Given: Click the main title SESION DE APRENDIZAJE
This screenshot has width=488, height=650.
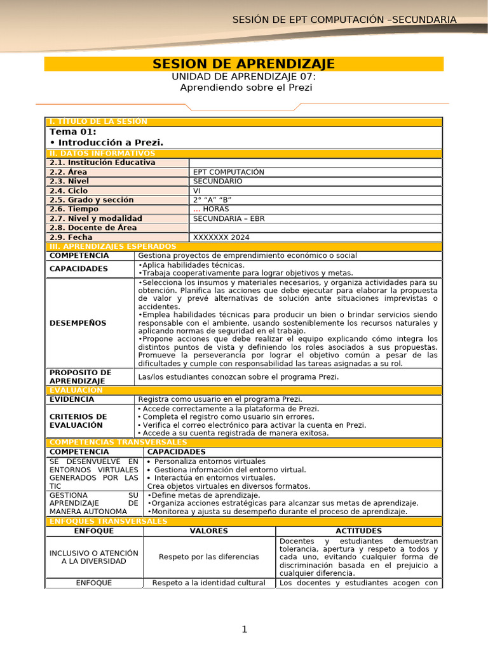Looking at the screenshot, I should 244,64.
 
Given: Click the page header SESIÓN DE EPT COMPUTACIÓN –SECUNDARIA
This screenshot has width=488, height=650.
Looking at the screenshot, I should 344,20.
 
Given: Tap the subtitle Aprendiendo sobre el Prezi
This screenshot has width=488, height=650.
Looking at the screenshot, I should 246,88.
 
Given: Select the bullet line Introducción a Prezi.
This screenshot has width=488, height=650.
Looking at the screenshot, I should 107,142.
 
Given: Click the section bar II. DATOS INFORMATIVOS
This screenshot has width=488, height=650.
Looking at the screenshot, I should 102,154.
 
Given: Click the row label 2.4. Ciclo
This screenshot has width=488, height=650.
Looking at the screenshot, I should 69,190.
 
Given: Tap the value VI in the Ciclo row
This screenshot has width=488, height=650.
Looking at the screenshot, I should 196,190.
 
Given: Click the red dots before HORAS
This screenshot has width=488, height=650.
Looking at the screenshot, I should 196,209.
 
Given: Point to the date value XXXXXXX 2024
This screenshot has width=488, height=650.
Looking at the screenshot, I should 221,237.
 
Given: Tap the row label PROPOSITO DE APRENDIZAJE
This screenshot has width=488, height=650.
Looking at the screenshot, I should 81,376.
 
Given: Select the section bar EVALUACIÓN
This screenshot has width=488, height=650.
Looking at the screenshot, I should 76,390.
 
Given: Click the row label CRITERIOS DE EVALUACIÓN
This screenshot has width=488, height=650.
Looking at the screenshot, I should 78,421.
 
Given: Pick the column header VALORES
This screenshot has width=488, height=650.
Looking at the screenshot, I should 209,531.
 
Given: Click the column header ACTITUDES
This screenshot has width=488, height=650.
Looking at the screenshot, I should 358,531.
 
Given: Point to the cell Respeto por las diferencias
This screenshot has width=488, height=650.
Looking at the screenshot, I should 209,557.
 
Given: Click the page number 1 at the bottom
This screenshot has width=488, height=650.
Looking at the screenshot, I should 243,629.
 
